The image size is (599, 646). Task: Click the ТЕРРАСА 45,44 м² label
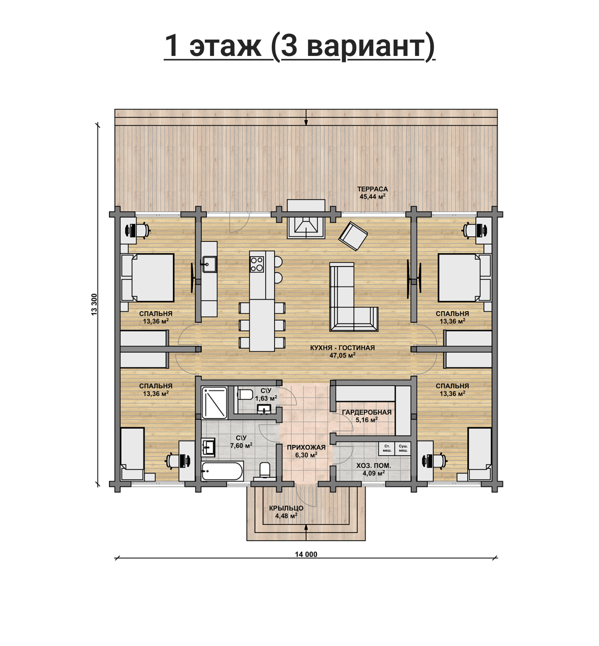point(372,193)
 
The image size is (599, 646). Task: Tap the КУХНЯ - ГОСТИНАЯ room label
point(342,348)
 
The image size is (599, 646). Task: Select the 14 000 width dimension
point(306,555)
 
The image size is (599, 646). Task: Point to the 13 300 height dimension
point(94,304)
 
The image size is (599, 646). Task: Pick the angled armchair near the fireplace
point(353,236)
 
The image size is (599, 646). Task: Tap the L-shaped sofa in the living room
point(353,297)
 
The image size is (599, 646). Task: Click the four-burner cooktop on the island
point(257,264)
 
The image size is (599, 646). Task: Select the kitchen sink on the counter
point(209,264)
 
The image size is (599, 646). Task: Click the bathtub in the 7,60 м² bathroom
point(222,471)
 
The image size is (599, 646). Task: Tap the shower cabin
point(214,403)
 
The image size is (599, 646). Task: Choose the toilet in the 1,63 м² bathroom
point(244,394)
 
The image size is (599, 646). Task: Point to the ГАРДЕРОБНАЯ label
point(367,412)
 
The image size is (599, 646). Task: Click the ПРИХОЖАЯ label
point(306,447)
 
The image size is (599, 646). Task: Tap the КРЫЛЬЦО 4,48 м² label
point(286,512)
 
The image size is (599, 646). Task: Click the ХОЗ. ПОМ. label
point(374,466)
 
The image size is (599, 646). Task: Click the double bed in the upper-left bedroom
point(148,278)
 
